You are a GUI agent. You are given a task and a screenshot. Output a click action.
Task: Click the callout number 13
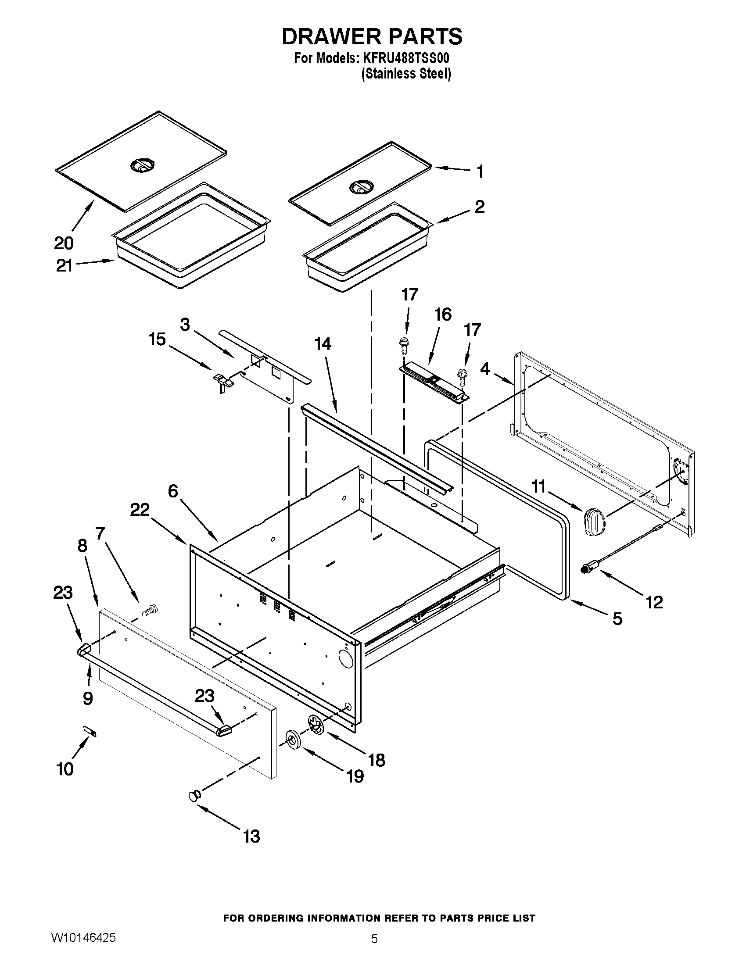[251, 836]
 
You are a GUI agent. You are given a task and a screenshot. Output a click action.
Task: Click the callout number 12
[654, 602]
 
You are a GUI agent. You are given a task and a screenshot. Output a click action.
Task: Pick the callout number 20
[64, 243]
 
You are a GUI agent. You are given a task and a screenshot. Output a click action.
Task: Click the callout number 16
[443, 315]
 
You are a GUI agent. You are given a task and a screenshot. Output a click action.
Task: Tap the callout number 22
[140, 510]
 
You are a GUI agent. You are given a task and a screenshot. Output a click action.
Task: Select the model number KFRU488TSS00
[406, 59]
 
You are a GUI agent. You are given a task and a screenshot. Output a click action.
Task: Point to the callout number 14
[323, 344]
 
